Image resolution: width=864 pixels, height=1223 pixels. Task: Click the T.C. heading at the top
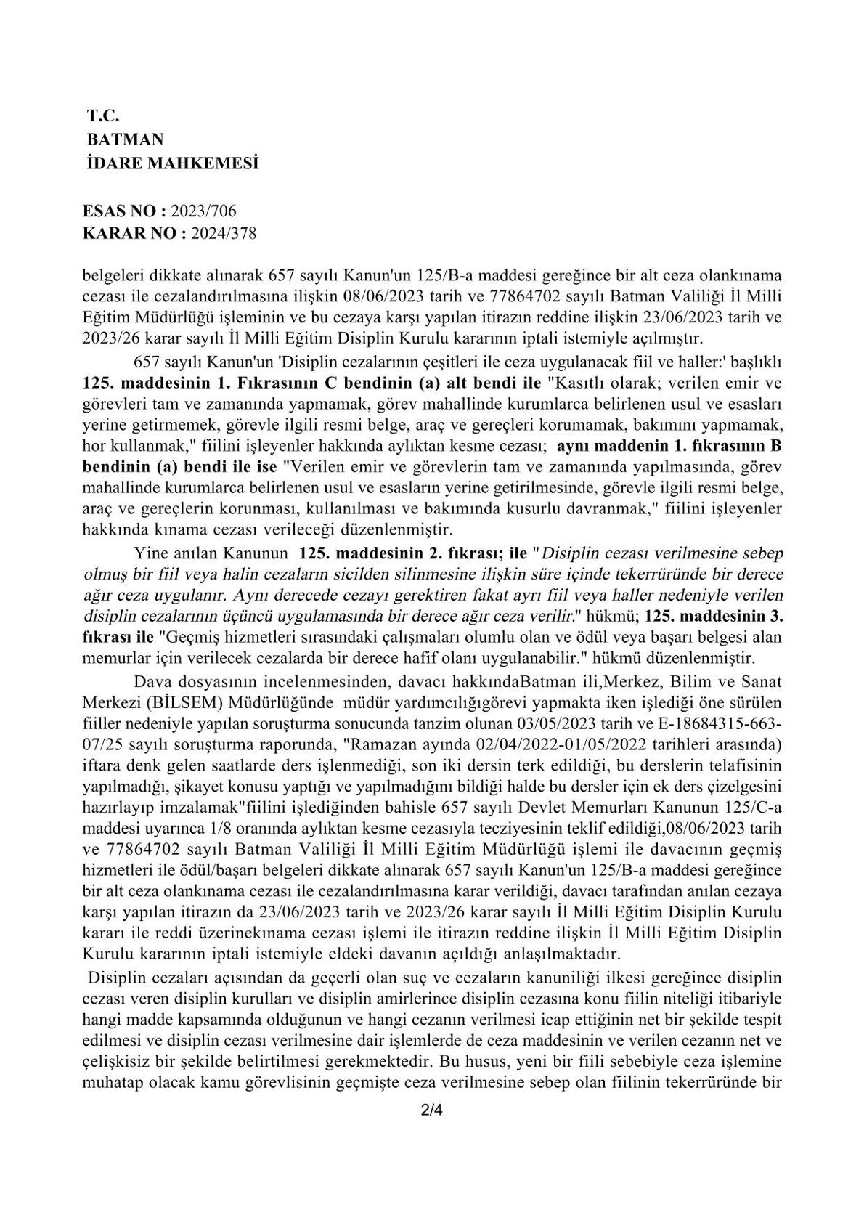[102, 115]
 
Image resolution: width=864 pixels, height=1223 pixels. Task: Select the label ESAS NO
[121, 211]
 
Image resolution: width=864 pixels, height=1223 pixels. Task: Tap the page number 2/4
[431, 1131]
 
